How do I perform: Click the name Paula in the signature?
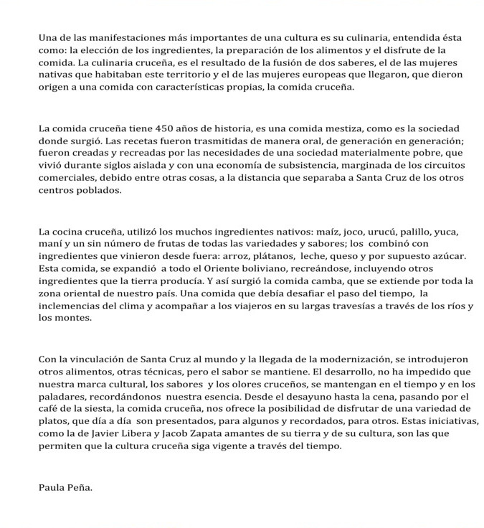click(52, 489)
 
